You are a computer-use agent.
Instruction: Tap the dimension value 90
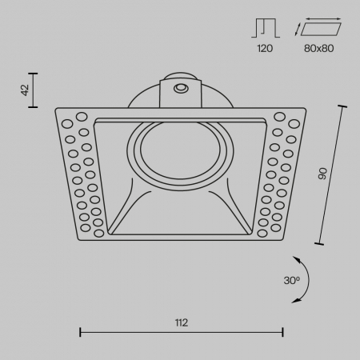click(x=322, y=174)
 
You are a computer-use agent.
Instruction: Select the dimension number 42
click(x=25, y=90)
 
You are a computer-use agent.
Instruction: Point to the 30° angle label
click(x=291, y=280)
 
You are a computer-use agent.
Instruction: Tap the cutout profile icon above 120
click(x=266, y=29)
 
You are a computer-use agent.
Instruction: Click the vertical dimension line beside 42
click(x=37, y=90)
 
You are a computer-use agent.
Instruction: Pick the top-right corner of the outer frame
click(x=305, y=108)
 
